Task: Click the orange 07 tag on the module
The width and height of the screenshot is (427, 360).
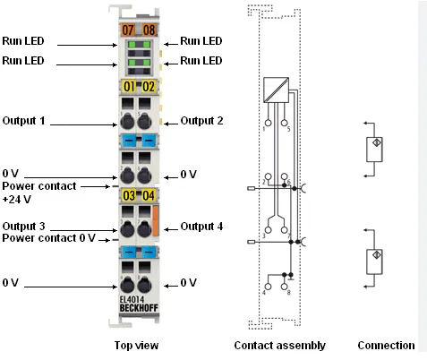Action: [x=128, y=30]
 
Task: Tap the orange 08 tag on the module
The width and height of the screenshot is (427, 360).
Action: [x=149, y=30]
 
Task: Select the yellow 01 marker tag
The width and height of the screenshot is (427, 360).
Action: [x=129, y=87]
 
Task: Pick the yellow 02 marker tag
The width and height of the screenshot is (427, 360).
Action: [x=149, y=87]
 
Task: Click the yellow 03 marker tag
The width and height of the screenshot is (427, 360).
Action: [x=129, y=195]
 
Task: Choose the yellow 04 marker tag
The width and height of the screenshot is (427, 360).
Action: [x=149, y=195]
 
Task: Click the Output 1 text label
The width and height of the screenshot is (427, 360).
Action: [x=23, y=121]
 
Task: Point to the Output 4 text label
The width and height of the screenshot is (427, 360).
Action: [x=201, y=227]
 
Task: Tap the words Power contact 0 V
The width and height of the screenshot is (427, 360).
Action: [x=48, y=238]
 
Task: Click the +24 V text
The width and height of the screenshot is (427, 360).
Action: [x=17, y=199]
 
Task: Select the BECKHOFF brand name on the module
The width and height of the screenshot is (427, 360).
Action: [x=139, y=308]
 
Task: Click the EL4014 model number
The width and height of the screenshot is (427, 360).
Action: [x=132, y=299]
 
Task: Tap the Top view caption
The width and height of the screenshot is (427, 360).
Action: [x=136, y=346]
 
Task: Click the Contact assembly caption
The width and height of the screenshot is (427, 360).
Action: [x=280, y=346]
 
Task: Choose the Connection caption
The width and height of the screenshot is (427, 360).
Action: [x=386, y=346]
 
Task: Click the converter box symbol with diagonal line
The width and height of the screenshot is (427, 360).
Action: [x=276, y=90]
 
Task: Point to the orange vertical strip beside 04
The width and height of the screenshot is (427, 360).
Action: [x=155, y=220]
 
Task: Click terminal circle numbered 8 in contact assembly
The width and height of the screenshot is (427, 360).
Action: [x=285, y=287]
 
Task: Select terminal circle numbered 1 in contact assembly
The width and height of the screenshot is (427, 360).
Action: [x=269, y=123]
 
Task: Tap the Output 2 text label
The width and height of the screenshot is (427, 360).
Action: [x=201, y=121]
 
